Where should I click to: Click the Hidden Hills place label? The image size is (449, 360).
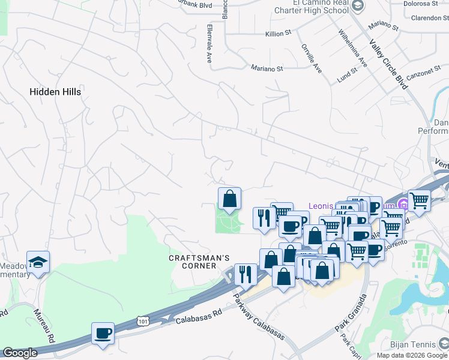(x=55, y=92)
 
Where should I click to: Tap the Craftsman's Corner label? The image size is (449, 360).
(x=199, y=262)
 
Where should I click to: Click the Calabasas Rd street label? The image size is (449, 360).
(x=199, y=317)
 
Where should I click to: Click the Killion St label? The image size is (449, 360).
(x=278, y=34)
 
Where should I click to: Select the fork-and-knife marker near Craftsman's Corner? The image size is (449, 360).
(x=244, y=275)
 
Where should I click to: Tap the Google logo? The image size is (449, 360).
(x=20, y=353)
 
